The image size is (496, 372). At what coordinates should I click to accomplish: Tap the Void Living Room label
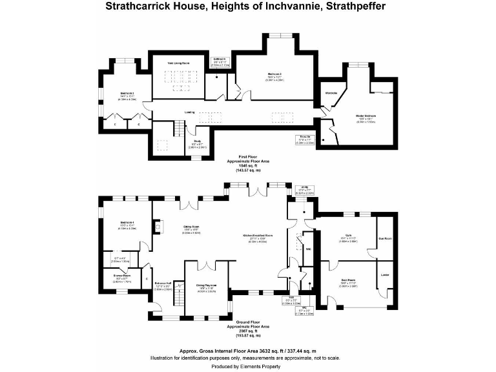178,63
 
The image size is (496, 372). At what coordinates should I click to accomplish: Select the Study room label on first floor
197,145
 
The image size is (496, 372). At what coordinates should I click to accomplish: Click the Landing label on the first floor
189,112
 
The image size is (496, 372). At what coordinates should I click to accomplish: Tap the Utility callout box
304,191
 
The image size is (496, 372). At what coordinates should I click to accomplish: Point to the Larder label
386,275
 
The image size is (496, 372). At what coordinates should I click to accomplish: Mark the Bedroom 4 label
125,225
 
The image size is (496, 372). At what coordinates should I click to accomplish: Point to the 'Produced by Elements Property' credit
248,366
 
